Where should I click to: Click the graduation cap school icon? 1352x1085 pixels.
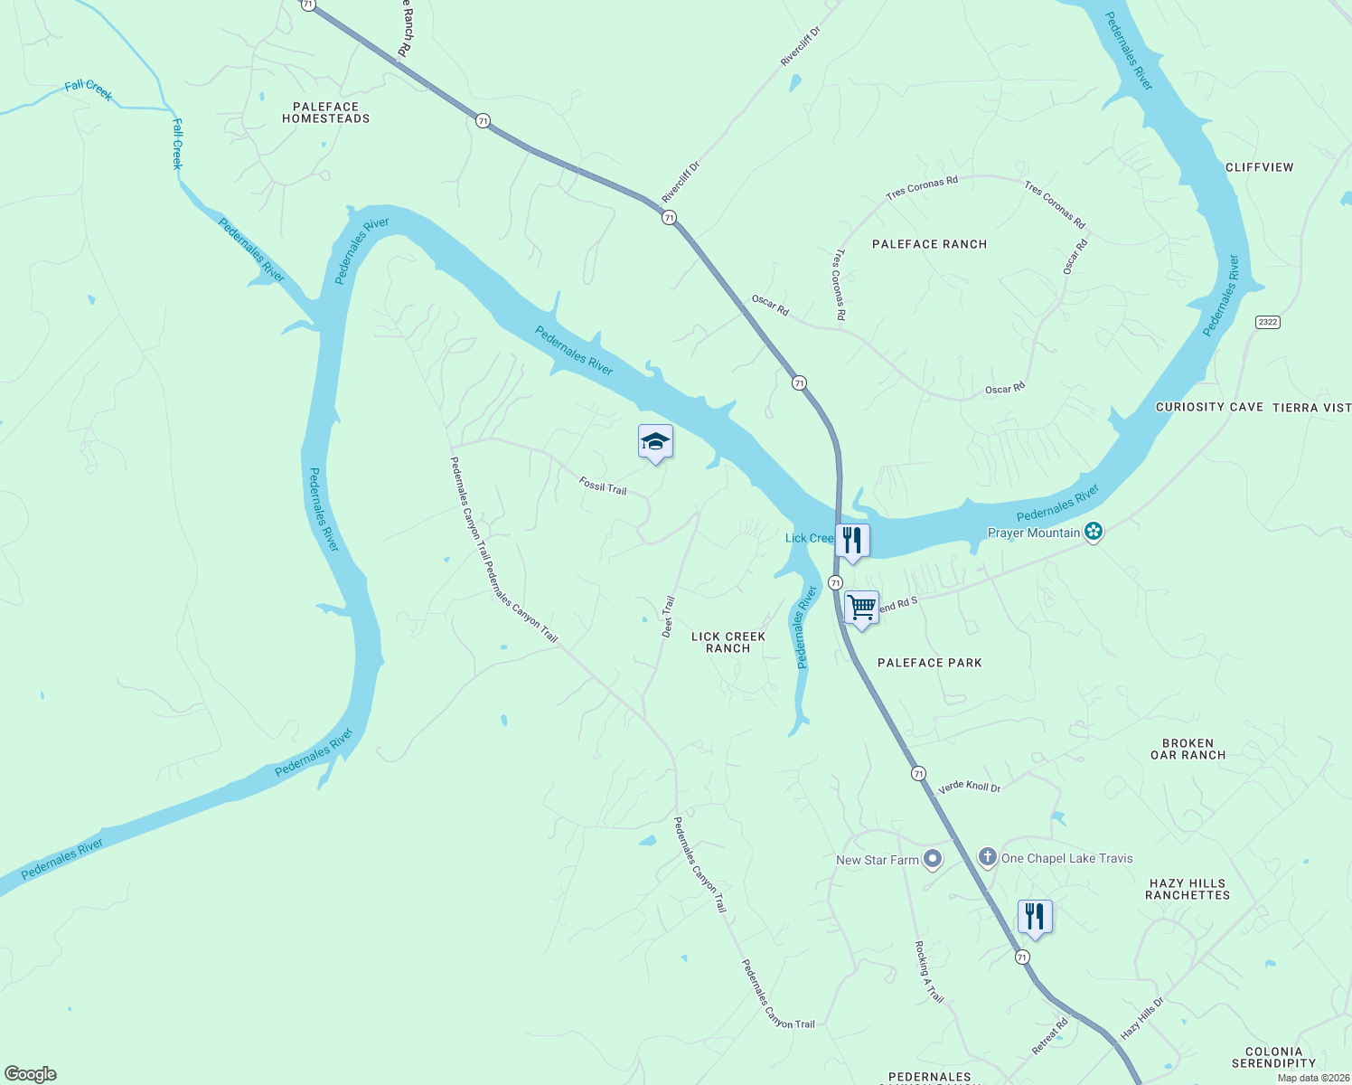click(655, 442)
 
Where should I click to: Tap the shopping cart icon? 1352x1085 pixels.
click(861, 608)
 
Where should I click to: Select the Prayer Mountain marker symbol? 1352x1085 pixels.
click(1094, 532)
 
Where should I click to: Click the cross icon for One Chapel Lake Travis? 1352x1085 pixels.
click(988, 857)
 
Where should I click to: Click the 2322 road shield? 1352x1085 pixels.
click(1268, 322)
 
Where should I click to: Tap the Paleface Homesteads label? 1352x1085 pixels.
click(325, 113)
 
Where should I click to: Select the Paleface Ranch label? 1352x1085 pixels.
click(929, 244)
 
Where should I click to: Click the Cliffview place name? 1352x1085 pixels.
click(1259, 167)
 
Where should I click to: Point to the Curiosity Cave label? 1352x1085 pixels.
click(1209, 407)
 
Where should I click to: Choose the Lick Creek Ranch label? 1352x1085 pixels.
click(728, 642)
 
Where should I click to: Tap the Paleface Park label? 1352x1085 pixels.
click(929, 663)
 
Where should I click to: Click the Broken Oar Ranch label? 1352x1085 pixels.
click(1188, 749)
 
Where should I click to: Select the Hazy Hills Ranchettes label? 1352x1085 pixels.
click(1188, 889)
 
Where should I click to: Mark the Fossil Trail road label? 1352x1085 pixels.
click(603, 486)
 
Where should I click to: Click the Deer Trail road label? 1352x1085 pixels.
click(668, 617)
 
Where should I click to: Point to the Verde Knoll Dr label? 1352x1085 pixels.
click(969, 787)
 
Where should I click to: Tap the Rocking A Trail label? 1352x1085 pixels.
click(929, 972)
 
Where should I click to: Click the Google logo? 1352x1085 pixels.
click(30, 1074)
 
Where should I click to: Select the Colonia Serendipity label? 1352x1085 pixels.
click(1273, 1057)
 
